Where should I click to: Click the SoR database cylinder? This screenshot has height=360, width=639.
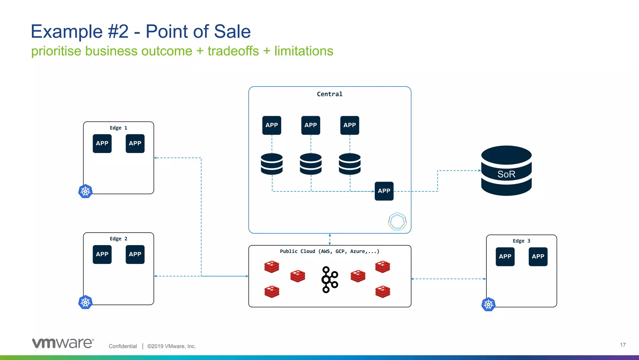tap(506, 171)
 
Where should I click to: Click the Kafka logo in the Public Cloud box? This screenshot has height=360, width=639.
tap(329, 279)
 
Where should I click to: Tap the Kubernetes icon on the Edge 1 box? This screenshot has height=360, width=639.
tap(85, 191)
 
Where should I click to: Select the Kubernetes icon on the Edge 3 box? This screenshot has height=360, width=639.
tap(488, 304)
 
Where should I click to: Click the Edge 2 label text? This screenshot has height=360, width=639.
tap(118, 239)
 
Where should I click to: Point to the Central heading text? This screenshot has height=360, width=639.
tap(329, 94)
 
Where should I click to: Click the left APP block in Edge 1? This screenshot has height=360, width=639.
tap(102, 144)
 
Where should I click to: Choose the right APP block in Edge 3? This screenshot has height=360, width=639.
tap(538, 257)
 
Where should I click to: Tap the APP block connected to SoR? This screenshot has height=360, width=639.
tap(384, 191)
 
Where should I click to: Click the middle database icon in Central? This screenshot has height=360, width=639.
tap(310, 164)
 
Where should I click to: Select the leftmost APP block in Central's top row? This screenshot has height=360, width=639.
tap(271, 125)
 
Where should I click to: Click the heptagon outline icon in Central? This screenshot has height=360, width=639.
tap(397, 221)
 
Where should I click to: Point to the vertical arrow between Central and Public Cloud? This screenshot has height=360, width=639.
tap(330, 239)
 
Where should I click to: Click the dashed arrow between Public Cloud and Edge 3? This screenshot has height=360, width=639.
tap(448, 279)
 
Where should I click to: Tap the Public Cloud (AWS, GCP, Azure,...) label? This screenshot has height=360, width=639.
tap(329, 251)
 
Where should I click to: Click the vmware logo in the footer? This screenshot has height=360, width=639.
tap(63, 343)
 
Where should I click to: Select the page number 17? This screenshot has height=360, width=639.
tap(622, 345)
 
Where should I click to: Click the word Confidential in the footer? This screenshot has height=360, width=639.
tap(123, 346)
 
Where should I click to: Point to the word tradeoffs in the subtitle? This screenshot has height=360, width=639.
tap(233, 51)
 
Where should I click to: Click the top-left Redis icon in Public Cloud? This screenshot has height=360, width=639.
tap(271, 267)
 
